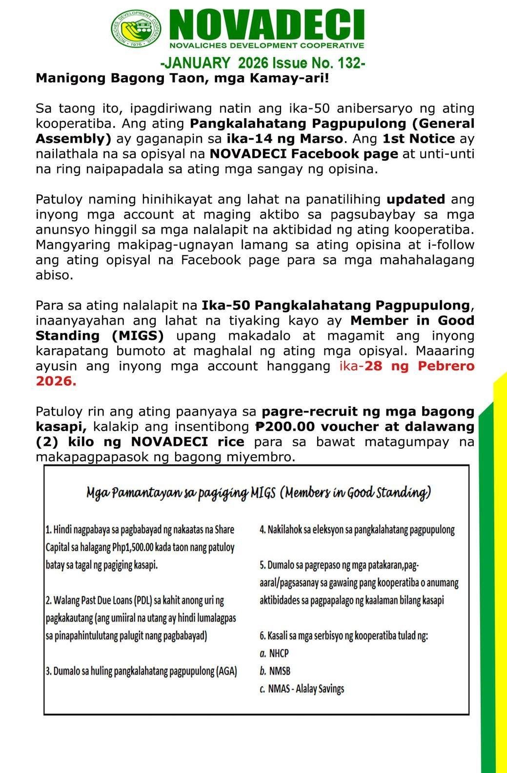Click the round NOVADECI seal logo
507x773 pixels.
(x=137, y=29)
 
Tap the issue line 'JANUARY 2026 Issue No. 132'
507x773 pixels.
(x=263, y=63)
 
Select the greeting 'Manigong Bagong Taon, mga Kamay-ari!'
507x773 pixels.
(x=183, y=78)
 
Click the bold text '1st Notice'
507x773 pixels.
(x=419, y=139)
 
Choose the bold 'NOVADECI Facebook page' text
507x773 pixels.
(x=304, y=154)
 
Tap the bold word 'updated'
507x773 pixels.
(x=415, y=199)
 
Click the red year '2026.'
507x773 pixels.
(x=56, y=381)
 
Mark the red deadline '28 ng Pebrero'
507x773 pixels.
(x=420, y=366)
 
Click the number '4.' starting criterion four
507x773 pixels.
(x=263, y=530)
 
